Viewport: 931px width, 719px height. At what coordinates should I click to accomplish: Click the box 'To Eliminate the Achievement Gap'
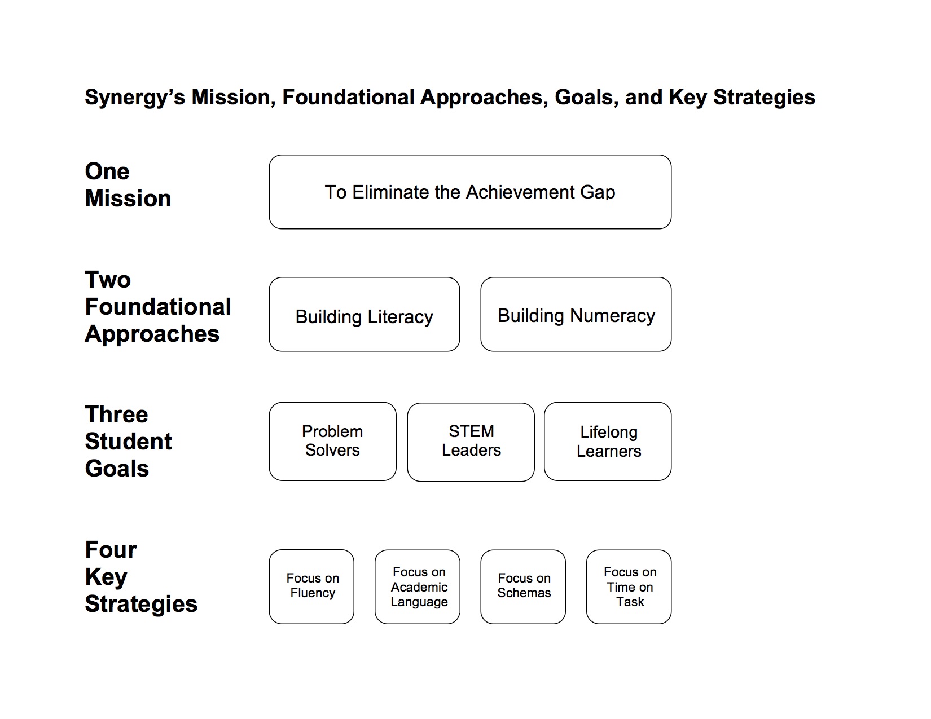coord(470,192)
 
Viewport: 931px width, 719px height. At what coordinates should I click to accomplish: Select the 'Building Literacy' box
coord(364,314)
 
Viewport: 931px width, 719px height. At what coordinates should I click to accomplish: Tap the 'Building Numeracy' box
coord(576,314)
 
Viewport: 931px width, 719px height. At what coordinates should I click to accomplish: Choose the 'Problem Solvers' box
coord(332,441)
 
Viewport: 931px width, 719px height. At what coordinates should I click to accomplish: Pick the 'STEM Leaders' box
coord(471,442)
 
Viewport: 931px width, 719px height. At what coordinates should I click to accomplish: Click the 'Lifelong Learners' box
coord(608,441)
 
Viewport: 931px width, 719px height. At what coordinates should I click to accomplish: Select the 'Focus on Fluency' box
coord(311,586)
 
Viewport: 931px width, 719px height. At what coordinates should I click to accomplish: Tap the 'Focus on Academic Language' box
coord(418,586)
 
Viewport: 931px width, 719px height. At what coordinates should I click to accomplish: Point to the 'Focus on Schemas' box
coord(523,586)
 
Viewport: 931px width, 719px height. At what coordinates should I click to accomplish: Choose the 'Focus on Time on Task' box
coord(629,586)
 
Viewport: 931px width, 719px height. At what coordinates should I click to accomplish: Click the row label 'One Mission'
coord(128,185)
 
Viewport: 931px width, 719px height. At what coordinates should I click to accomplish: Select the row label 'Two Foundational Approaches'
coord(157,307)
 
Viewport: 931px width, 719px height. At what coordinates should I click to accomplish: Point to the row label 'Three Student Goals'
coord(128,441)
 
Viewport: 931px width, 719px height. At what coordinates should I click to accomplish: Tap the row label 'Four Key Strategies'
coord(141,576)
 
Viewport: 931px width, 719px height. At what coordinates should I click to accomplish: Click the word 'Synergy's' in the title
coord(135,98)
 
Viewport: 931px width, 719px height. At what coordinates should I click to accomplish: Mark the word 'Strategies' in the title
coord(764,98)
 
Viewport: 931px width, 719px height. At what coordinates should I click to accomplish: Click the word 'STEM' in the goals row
coord(471,431)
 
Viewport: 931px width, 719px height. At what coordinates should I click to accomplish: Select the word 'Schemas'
coord(524,593)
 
